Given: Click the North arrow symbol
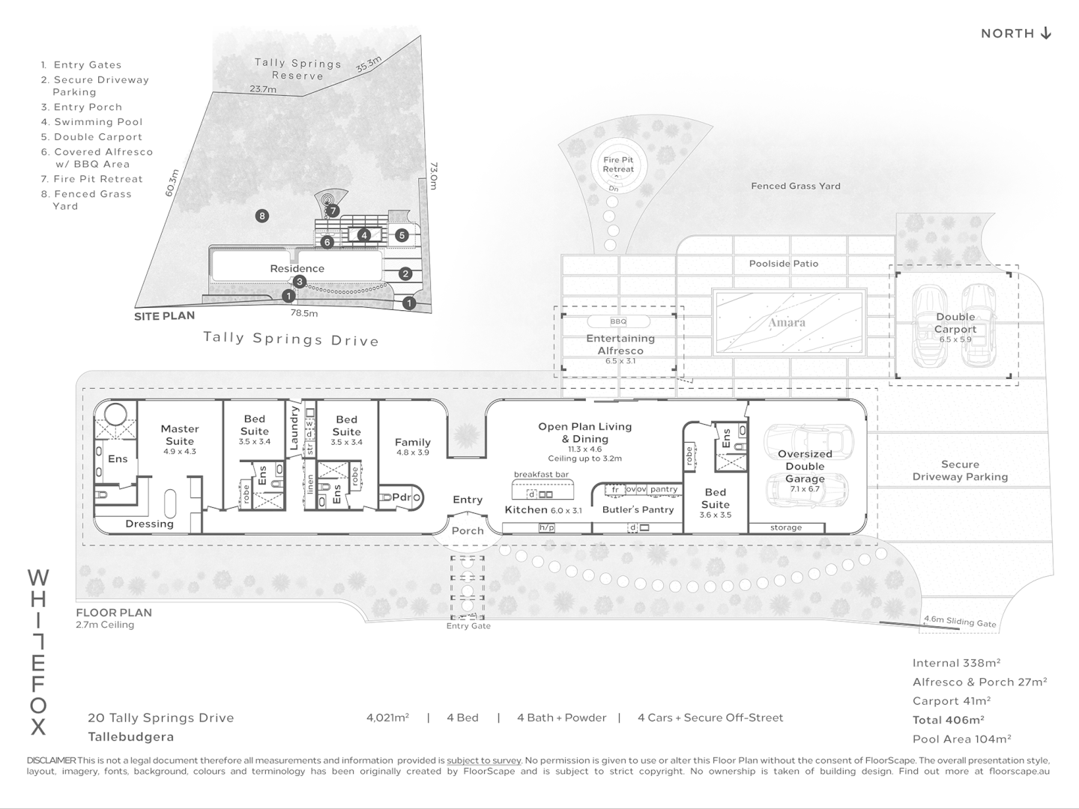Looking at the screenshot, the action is [x=1045, y=33].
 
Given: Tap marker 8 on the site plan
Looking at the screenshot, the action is [x=262, y=216].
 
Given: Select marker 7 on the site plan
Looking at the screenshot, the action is [x=333, y=211].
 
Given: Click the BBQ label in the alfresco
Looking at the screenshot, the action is [x=618, y=322].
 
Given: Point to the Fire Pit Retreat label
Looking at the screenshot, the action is [x=618, y=165].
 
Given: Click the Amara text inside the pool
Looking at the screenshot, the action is [x=787, y=323].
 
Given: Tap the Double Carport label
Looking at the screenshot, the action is [x=955, y=323].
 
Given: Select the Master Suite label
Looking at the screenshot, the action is [x=179, y=434].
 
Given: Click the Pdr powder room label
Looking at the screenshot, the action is [x=402, y=497].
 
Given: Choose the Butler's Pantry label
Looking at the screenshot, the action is [x=638, y=510].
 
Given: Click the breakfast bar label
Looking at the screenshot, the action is [x=541, y=474].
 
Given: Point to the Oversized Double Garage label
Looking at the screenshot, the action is [x=805, y=466].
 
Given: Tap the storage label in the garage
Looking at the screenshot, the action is [x=786, y=527].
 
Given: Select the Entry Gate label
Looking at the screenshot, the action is [x=468, y=625].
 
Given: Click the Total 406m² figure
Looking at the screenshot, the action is [x=948, y=720].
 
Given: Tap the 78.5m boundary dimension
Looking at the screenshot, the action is [x=304, y=313].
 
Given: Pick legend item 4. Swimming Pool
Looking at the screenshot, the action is [x=92, y=122].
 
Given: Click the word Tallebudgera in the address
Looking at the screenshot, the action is [x=131, y=737].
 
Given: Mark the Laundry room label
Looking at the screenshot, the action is [x=294, y=428].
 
